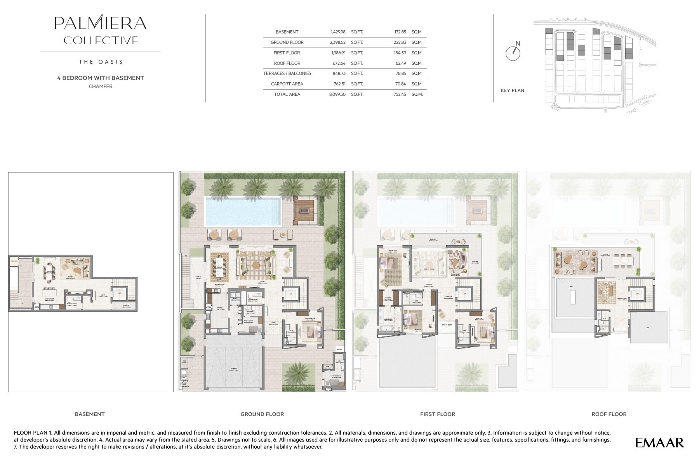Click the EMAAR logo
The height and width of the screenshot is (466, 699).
(x=659, y=442)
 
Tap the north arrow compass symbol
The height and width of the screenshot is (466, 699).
(x=513, y=53)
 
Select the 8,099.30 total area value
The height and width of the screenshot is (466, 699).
(x=337, y=94)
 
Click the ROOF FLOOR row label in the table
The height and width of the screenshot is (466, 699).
(x=287, y=63)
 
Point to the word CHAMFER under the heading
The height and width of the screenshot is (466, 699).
(x=101, y=87)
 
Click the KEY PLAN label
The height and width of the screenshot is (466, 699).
(x=512, y=90)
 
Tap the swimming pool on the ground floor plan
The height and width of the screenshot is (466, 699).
(x=243, y=211)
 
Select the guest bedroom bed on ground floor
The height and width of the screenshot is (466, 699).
(x=313, y=332)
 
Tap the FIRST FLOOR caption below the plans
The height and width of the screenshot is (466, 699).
(x=437, y=414)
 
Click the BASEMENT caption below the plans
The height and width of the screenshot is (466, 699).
(x=90, y=414)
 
